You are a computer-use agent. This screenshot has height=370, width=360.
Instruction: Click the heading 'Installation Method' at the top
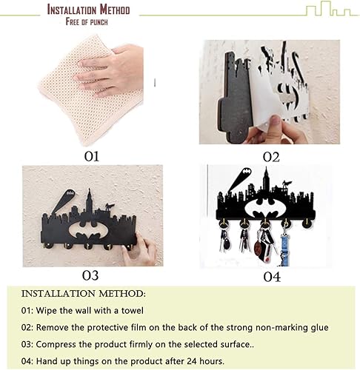click(x=88, y=10)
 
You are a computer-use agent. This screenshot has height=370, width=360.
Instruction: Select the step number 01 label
click(x=90, y=156)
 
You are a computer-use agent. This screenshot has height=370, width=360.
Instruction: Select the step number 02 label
click(x=271, y=156)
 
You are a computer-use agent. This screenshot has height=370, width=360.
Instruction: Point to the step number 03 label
click(x=90, y=275)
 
